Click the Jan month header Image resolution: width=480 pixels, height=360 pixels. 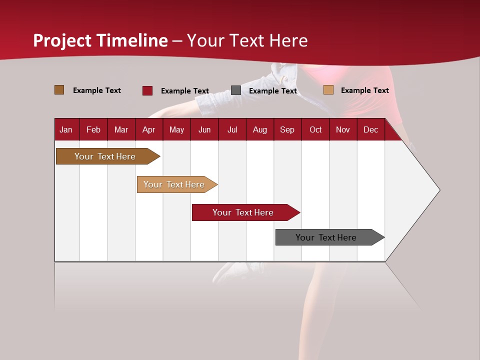pyautogui.click(x=66, y=129)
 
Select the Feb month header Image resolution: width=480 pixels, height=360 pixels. pyautogui.click(x=93, y=129)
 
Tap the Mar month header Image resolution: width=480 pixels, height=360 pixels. pyautogui.click(x=121, y=129)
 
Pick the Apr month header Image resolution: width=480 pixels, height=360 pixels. pyautogui.click(x=148, y=129)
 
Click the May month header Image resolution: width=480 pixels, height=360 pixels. pyautogui.click(x=176, y=129)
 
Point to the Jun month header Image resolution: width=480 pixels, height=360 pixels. pyautogui.click(x=204, y=129)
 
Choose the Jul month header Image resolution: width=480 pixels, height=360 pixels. pyautogui.click(x=232, y=129)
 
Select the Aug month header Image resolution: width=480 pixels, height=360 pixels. pyautogui.click(x=259, y=129)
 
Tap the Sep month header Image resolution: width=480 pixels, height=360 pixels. pyautogui.click(x=287, y=129)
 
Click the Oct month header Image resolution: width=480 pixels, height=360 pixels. pyautogui.click(x=315, y=129)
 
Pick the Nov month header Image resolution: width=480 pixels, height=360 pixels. pyautogui.click(x=343, y=129)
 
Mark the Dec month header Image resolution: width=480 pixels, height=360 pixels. pyautogui.click(x=370, y=129)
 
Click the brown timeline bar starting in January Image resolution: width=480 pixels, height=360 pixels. pyautogui.click(x=105, y=156)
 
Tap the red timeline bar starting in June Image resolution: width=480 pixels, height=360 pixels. pyautogui.click(x=243, y=212)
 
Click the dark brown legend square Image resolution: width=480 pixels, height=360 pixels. pyautogui.click(x=59, y=90)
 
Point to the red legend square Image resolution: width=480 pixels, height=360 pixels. pyautogui.click(x=147, y=90)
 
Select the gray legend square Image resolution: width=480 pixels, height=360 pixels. pyautogui.click(x=236, y=90)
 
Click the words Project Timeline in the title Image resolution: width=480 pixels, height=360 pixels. pyautogui.click(x=100, y=40)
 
